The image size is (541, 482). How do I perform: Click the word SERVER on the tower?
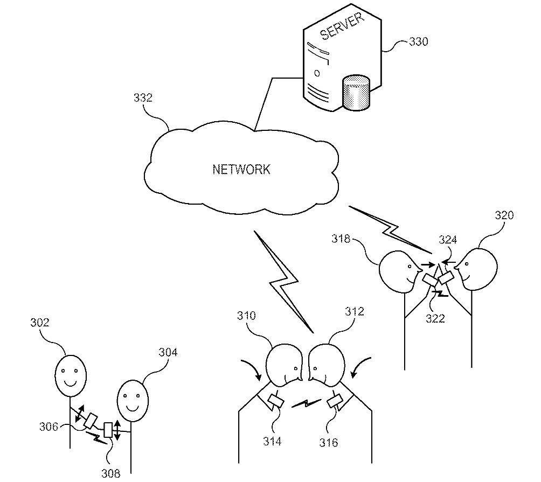click(342, 26)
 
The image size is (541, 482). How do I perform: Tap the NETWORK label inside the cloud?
click(241, 169)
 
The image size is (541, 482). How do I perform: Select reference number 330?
click(419, 41)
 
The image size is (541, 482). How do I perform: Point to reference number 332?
click(143, 97)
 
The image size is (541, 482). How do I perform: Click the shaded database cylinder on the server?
click(356, 93)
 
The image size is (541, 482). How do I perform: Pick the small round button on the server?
click(317, 73)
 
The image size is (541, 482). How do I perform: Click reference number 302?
click(40, 323)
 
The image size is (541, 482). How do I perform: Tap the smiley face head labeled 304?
click(133, 401)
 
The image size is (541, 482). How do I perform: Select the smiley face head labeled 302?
click(71, 376)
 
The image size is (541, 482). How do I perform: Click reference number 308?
click(111, 473)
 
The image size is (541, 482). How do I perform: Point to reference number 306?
click(48, 427)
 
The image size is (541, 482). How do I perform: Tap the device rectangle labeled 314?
click(276, 401)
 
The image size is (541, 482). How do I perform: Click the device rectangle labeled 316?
click(334, 402)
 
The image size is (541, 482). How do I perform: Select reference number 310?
click(246, 316)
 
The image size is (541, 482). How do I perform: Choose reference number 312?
click(355, 311)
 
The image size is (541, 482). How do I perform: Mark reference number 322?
click(435, 318)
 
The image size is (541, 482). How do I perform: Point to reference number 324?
click(448, 239)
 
